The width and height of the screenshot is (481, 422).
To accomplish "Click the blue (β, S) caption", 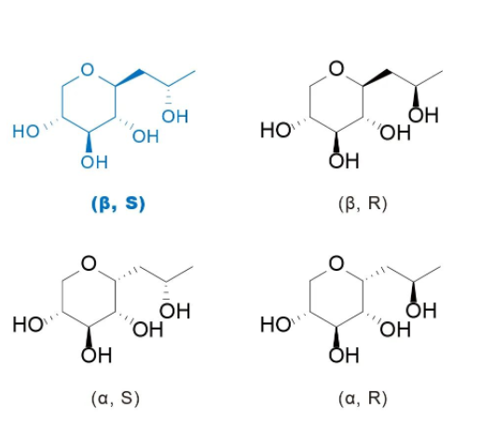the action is [x=118, y=204].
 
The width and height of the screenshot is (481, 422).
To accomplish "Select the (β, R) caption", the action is [x=363, y=204].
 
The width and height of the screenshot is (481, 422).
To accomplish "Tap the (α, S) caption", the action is [x=116, y=398].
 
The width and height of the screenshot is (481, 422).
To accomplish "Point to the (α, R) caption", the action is [x=363, y=398].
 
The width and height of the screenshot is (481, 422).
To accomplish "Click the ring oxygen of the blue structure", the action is [x=88, y=69].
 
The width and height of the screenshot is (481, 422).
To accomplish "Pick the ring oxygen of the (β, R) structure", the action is [x=337, y=68].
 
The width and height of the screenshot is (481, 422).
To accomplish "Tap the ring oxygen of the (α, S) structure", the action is [x=89, y=263].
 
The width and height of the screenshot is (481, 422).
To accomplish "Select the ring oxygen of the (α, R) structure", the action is [x=337, y=263].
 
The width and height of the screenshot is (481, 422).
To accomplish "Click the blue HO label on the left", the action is [x=26, y=131].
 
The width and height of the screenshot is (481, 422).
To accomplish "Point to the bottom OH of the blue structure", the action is [x=94, y=162].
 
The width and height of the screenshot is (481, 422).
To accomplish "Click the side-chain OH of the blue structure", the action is [x=175, y=117].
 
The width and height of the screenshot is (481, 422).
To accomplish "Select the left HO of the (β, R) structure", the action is [x=275, y=130].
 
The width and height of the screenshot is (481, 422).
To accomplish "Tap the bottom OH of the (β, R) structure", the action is [x=344, y=161].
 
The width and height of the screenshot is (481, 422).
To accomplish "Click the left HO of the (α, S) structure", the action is [x=28, y=324].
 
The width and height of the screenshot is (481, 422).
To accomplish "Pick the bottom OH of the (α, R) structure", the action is [x=344, y=355].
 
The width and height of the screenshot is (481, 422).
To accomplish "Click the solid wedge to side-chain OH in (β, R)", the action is [x=416, y=96].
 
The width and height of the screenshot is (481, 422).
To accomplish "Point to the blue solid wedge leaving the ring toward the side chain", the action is [x=128, y=77].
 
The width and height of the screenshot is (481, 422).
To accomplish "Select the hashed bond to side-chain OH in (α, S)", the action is [x=167, y=291].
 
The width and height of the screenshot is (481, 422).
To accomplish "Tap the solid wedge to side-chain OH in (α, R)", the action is [x=413, y=291].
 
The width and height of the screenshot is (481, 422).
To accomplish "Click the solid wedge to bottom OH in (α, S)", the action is [x=89, y=337].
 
